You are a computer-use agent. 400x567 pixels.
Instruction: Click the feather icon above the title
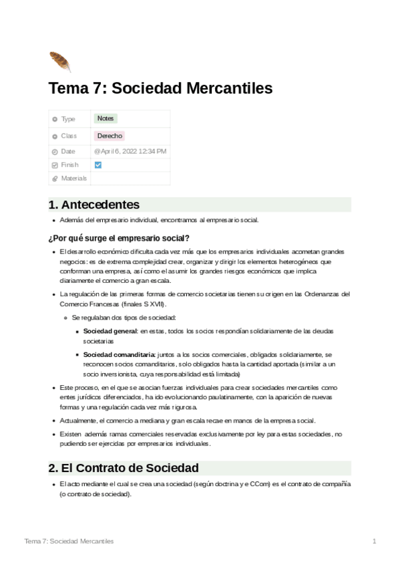point(59,61)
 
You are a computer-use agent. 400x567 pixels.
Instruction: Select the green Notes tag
point(106,118)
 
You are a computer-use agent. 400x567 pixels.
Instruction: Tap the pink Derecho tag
point(110,136)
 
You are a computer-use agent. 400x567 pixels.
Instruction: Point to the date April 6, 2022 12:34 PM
point(130,151)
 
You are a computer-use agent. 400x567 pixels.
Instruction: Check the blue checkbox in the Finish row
point(98,164)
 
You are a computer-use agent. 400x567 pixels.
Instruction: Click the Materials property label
point(73,179)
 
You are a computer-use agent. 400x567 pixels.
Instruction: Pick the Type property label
point(68,119)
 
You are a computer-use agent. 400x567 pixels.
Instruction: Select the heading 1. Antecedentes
point(94,205)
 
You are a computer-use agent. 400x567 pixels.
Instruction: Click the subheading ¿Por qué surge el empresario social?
point(119,237)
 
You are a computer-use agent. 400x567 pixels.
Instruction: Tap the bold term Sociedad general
point(110,331)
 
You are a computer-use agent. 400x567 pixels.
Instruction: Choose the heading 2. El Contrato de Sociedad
point(124,467)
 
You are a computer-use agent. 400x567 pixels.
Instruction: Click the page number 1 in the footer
point(375,540)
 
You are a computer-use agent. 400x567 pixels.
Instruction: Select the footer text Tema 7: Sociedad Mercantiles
point(69,540)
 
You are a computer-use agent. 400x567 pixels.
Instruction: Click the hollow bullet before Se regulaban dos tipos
point(65,317)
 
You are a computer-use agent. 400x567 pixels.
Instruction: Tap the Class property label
point(69,136)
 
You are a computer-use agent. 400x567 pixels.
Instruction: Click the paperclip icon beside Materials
point(55,179)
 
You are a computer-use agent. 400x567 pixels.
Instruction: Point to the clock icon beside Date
point(55,152)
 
